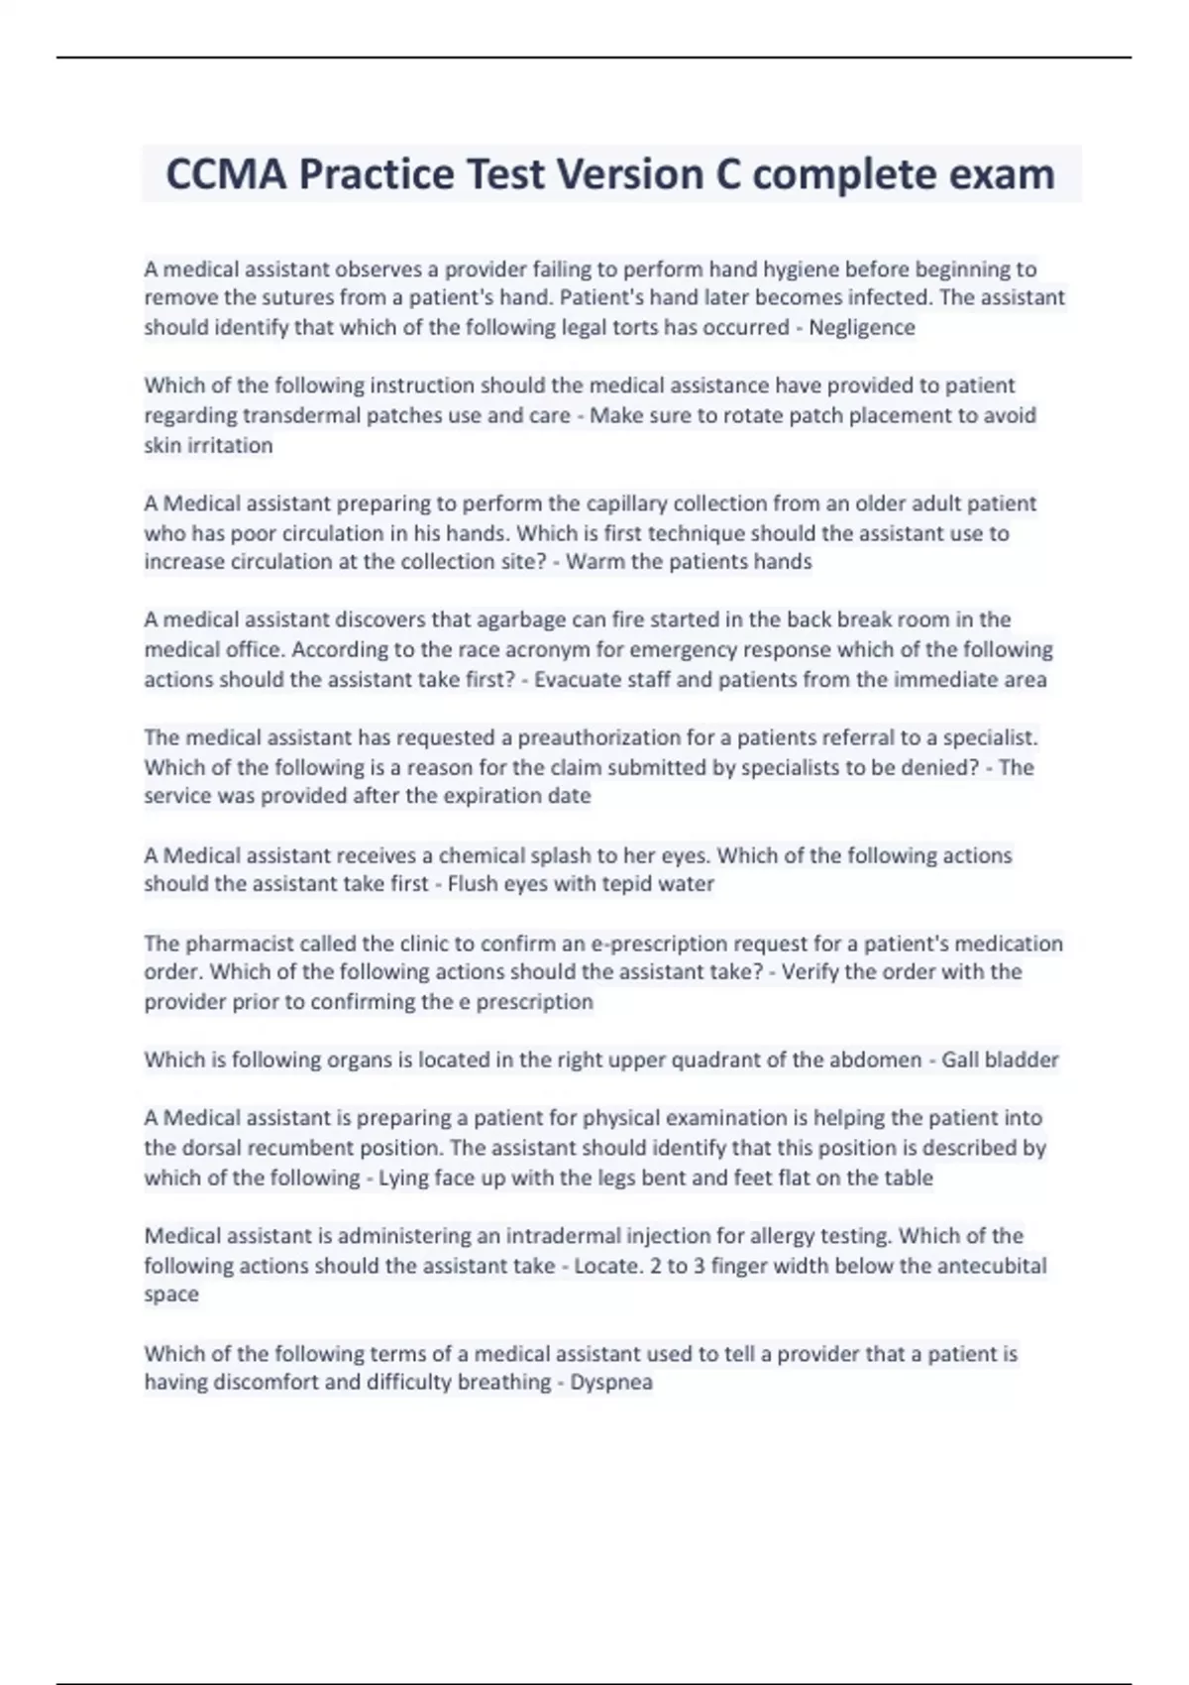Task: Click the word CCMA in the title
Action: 225,174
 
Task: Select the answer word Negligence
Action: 861,327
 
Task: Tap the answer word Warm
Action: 594,562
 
